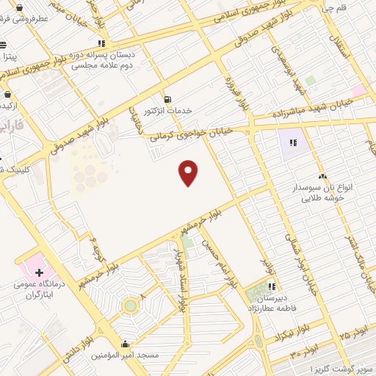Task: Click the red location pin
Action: [189, 172]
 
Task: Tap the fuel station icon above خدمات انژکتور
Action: [168, 98]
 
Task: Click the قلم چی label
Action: [350, 9]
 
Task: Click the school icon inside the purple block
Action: [294, 142]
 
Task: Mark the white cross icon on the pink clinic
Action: [38, 273]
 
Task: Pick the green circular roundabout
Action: [130, 305]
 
